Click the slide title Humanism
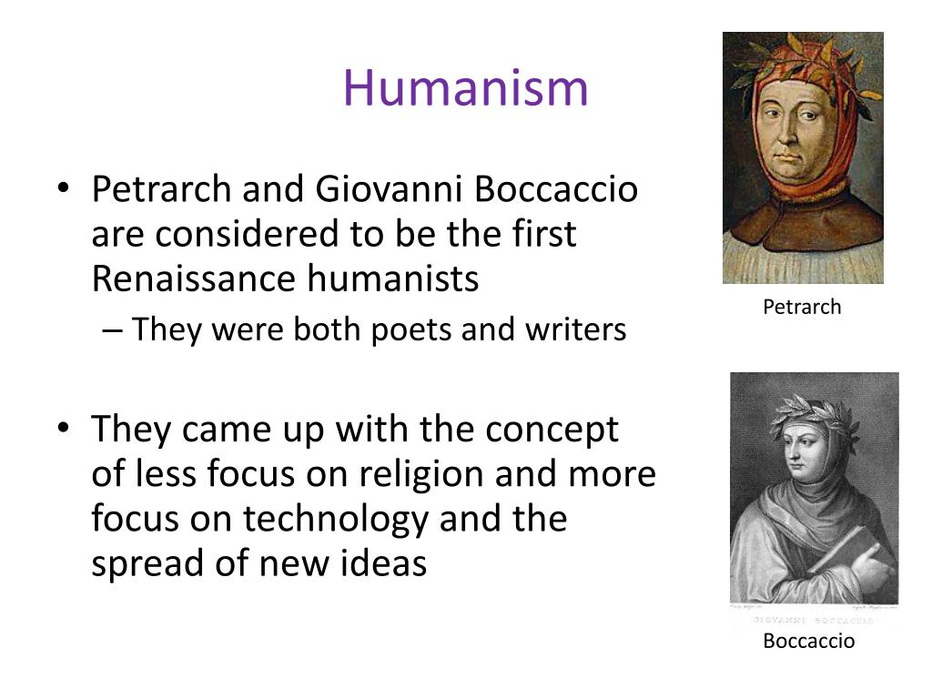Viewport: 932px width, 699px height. [x=465, y=88]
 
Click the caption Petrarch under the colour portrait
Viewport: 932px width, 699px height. [x=802, y=307]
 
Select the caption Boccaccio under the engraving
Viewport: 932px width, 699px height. [x=809, y=642]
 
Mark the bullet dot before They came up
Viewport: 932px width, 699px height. [x=62, y=430]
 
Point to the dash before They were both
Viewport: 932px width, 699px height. [x=113, y=329]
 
